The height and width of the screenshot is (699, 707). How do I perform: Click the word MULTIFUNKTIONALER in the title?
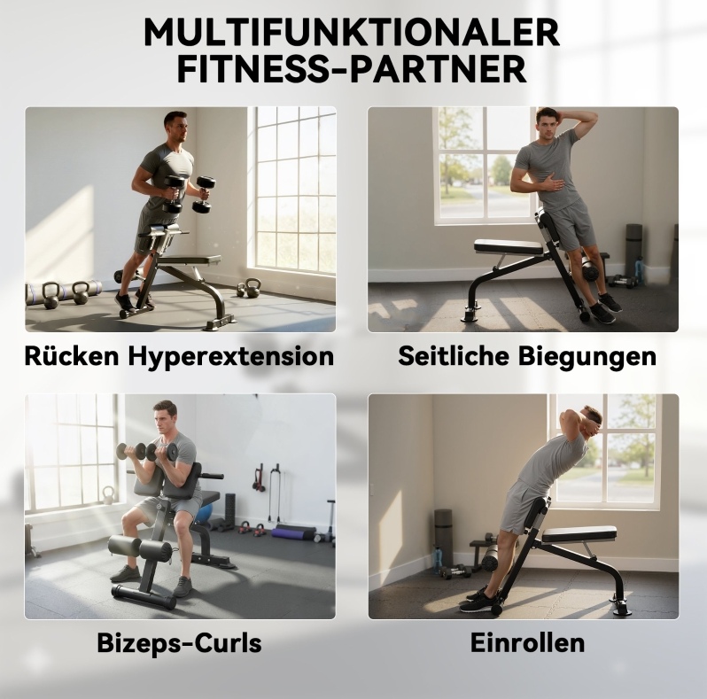pos(352,32)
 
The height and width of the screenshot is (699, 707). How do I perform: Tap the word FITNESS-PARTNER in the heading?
pos(352,69)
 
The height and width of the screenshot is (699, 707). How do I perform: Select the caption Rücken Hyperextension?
pos(179,356)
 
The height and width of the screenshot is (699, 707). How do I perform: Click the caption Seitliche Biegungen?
pos(527,356)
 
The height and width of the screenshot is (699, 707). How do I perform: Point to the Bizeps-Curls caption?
pos(180,642)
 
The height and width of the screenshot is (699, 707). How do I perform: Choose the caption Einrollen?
pos(527,642)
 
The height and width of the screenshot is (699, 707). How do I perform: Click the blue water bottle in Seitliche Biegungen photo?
pos(638,270)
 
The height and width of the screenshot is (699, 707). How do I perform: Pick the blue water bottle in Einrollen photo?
pos(437,560)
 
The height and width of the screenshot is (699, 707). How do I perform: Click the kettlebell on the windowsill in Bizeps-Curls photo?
pos(108,495)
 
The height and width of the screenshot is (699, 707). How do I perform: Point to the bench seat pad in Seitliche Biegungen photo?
pos(509,245)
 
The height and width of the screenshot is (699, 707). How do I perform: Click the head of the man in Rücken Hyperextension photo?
pos(175,126)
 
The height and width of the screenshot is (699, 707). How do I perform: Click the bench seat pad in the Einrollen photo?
pos(579,534)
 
